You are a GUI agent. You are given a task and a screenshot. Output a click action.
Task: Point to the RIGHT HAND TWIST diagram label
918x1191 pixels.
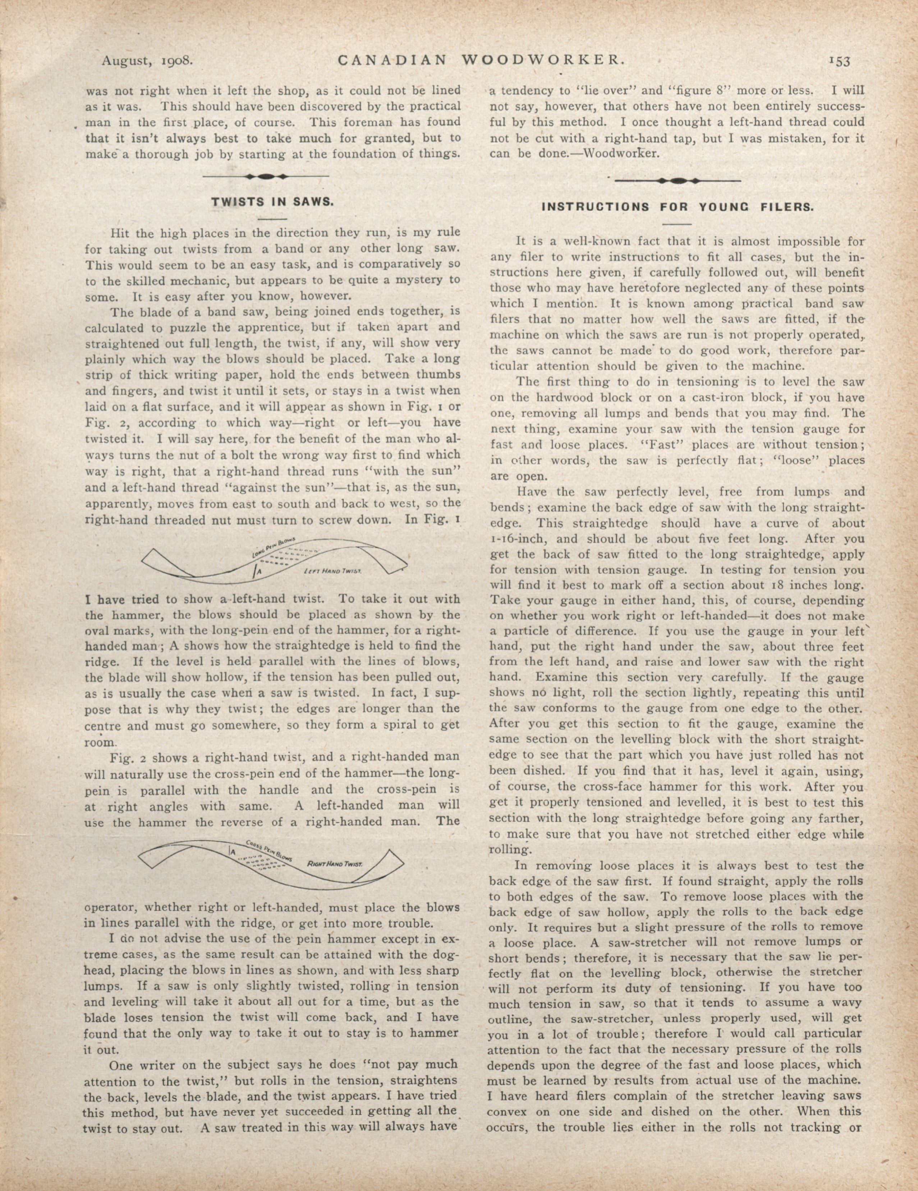335,864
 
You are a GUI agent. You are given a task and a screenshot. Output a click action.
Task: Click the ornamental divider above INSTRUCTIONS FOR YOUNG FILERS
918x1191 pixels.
678,180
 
